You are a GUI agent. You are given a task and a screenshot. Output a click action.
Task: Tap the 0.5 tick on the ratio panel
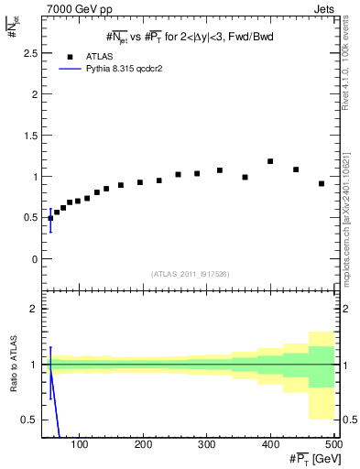click(x=29, y=420)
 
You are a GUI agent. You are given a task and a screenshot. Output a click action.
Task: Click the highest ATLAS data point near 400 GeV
click(x=270, y=161)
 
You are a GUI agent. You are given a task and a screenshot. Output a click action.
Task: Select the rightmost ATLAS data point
click(x=322, y=183)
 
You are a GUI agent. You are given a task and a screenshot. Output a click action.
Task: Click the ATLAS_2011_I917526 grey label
click(x=191, y=273)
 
